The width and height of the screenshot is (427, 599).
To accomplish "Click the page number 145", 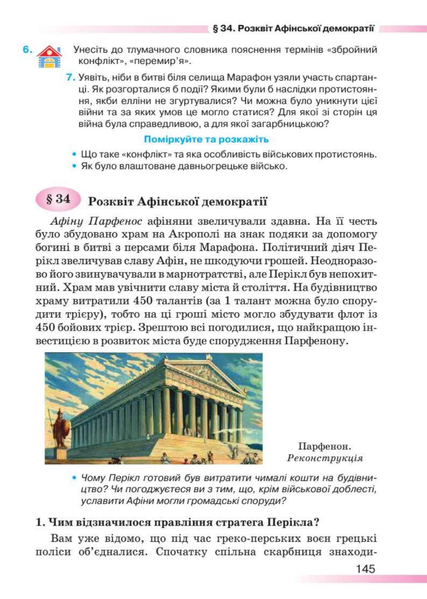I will point(365,569).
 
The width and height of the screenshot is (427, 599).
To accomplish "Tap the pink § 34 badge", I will point(58,199).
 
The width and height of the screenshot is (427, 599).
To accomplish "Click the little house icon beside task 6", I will point(49,57).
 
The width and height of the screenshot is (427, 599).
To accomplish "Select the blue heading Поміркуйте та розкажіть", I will point(206,139).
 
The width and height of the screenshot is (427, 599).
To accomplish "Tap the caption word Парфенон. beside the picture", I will point(324,446).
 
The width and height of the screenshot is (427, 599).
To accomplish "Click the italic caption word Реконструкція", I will point(325,458).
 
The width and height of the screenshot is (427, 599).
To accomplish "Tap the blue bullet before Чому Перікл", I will point(74,478).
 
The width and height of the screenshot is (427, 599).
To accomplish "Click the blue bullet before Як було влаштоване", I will point(74,166).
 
